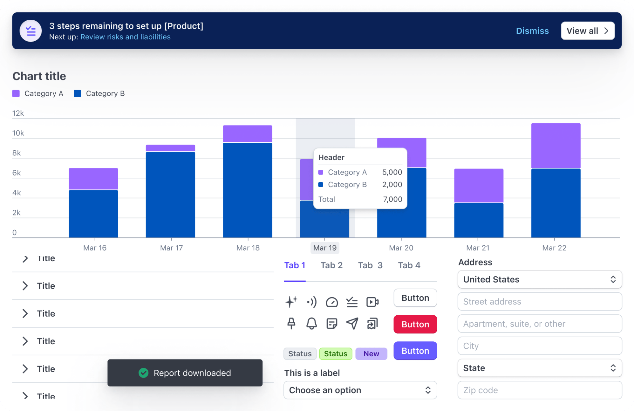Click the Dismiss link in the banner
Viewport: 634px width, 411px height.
532,31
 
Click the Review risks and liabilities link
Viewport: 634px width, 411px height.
125,37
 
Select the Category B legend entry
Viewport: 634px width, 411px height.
99,93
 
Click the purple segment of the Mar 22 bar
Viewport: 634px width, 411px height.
556,146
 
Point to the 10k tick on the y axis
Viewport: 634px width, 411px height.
18,133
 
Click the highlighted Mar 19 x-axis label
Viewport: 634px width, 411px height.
324,248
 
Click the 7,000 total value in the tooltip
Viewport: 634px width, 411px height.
392,199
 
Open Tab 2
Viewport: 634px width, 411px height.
331,265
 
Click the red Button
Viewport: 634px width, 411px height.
415,324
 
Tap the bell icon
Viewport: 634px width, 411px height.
311,324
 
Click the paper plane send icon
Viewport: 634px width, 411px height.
352,324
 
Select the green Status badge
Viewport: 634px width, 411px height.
335,354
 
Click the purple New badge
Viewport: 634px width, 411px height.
371,354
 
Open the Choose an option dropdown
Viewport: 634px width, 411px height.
360,390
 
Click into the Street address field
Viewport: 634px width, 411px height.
539,301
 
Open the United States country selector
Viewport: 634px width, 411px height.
539,279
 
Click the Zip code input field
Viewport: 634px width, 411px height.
539,390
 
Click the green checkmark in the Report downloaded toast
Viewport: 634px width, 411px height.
144,373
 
